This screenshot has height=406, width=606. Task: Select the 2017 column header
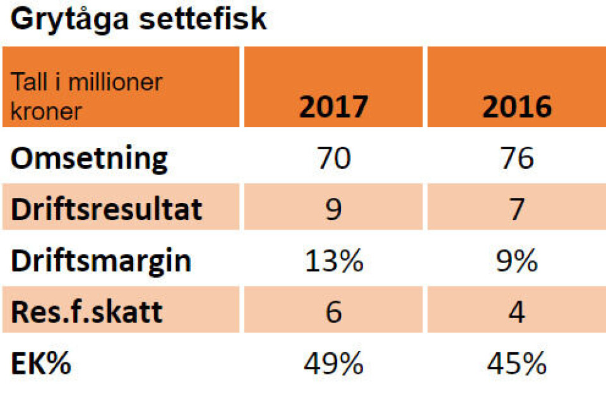coord(333,107)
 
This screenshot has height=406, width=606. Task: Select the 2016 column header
coord(516,107)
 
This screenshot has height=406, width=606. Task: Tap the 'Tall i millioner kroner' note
coord(86,97)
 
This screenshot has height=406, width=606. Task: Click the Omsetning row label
coord(90,158)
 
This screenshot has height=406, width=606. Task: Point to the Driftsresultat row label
coord(106,209)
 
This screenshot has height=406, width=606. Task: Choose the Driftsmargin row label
coord(100,261)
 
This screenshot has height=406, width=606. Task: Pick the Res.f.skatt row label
coord(86,312)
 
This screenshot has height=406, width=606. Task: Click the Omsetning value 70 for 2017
coord(333,158)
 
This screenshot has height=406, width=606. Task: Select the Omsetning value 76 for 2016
coord(516,158)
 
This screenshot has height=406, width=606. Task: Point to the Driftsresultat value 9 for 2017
coord(333,209)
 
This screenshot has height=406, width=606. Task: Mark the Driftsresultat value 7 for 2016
coord(516,209)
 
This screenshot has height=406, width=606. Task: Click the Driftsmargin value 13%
coord(333,261)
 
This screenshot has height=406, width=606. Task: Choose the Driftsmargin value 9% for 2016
coord(516,261)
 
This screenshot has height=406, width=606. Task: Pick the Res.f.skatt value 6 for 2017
coord(333,312)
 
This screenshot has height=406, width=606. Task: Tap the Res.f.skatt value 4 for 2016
coord(516,312)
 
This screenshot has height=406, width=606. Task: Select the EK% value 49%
coord(333,364)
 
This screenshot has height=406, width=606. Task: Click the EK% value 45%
coord(516,364)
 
